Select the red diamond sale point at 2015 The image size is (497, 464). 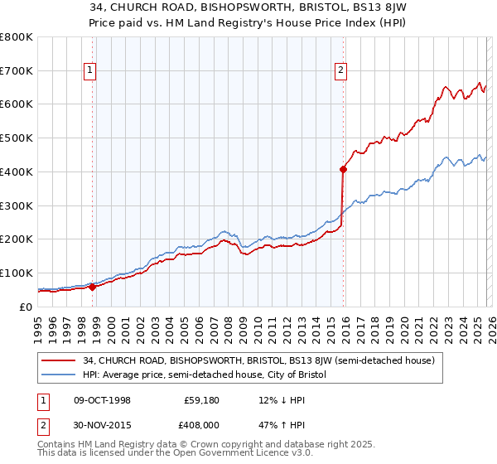pyautogui.click(x=343, y=169)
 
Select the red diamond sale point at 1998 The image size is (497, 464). pyautogui.click(x=92, y=287)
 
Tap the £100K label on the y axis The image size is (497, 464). pyautogui.click(x=17, y=273)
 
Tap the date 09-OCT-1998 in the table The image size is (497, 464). pyautogui.click(x=102, y=400)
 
